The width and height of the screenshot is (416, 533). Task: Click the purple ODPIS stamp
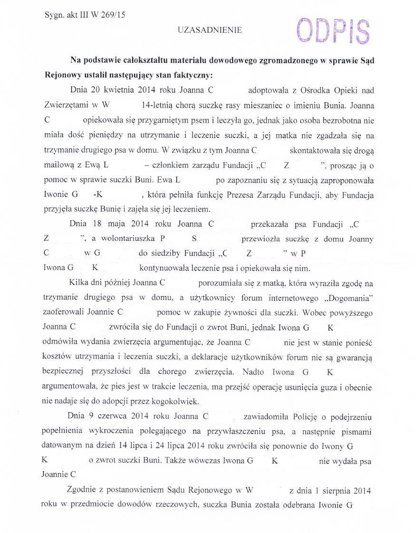tap(332, 30)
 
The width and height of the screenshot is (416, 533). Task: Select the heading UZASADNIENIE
tap(210, 30)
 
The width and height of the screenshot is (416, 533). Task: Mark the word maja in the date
tap(117, 224)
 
